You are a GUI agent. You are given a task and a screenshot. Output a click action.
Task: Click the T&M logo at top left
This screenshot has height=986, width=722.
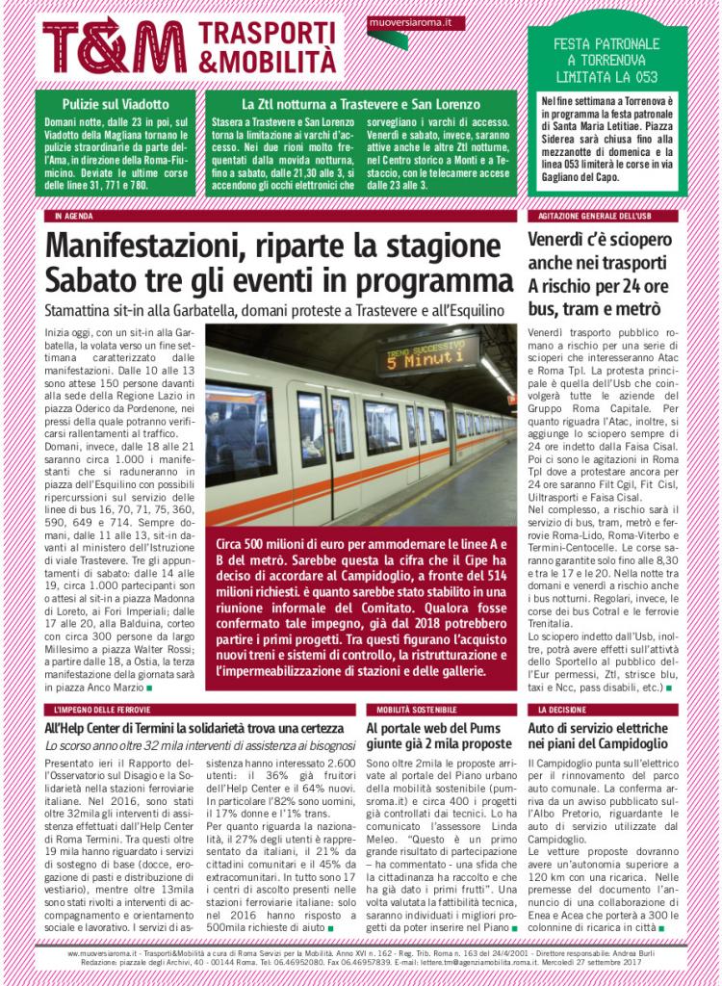(x=114, y=45)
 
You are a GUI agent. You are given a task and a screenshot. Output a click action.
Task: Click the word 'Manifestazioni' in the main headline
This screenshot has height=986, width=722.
(x=143, y=247)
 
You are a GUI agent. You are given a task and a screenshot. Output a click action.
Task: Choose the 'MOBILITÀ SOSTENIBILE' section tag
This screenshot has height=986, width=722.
(x=410, y=710)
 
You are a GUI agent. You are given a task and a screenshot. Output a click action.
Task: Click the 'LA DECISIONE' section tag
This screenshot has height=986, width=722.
(x=563, y=710)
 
